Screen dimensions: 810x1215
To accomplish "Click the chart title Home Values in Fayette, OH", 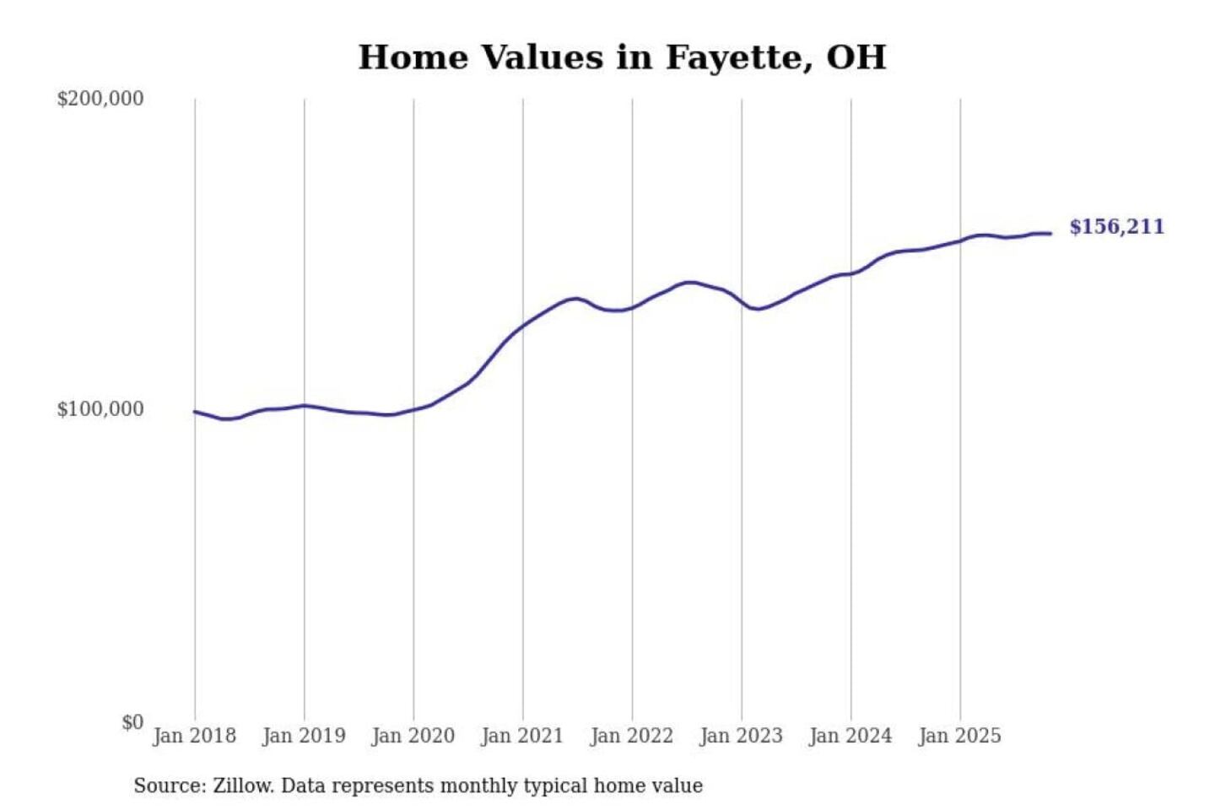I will pyautogui.click(x=622, y=57).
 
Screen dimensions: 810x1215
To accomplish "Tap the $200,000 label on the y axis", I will pyautogui.click(x=100, y=99).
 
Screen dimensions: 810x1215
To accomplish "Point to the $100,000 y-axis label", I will pyautogui.click(x=100, y=409).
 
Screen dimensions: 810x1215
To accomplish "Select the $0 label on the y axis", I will pyautogui.click(x=132, y=722).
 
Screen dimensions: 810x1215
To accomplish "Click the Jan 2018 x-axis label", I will pyautogui.click(x=194, y=736).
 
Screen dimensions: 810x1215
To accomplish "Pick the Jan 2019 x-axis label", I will pyautogui.click(x=304, y=736).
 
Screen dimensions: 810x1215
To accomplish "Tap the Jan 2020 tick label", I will pyautogui.click(x=413, y=736).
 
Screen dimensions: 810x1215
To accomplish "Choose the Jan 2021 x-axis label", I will pyautogui.click(x=521, y=736).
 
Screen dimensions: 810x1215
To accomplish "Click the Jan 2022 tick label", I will pyautogui.click(x=631, y=736).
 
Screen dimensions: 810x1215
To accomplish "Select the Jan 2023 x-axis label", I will pyautogui.click(x=741, y=736).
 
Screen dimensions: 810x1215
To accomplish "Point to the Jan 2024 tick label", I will pyautogui.click(x=850, y=736).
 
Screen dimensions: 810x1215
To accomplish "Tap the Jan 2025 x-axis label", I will pyautogui.click(x=959, y=736).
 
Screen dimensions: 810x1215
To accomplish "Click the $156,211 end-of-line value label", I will pyautogui.click(x=1116, y=227).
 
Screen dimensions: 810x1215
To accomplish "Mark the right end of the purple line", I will pyautogui.click(x=1050, y=234).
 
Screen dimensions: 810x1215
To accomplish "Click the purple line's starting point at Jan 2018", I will pyautogui.click(x=195, y=412).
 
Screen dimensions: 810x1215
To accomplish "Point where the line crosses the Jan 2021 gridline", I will pyautogui.click(x=523, y=326).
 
